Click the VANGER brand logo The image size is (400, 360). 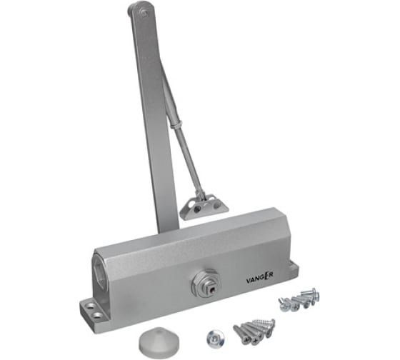pos(260,279)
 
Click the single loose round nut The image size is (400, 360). pos(216,339)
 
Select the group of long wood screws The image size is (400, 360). pos(254,332)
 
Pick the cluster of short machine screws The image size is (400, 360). pos(299,300)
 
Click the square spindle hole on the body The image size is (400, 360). pos(212,289)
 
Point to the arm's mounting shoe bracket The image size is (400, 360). pos(204,207)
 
